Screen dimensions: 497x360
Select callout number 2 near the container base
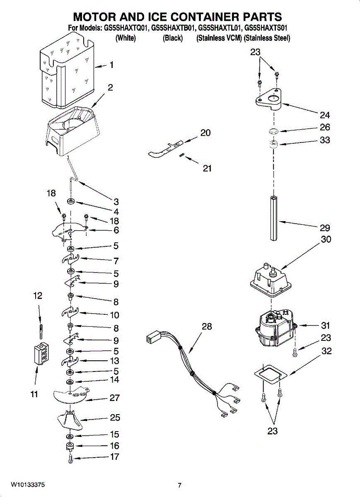[x=111, y=87]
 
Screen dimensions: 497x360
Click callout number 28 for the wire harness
[x=207, y=327]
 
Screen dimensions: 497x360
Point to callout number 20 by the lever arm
[x=205, y=133]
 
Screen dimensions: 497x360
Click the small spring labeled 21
[x=181, y=155]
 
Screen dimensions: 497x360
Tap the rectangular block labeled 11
[x=41, y=354]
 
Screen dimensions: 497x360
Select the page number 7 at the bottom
[x=179, y=485]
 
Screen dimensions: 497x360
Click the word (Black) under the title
[x=173, y=38]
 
